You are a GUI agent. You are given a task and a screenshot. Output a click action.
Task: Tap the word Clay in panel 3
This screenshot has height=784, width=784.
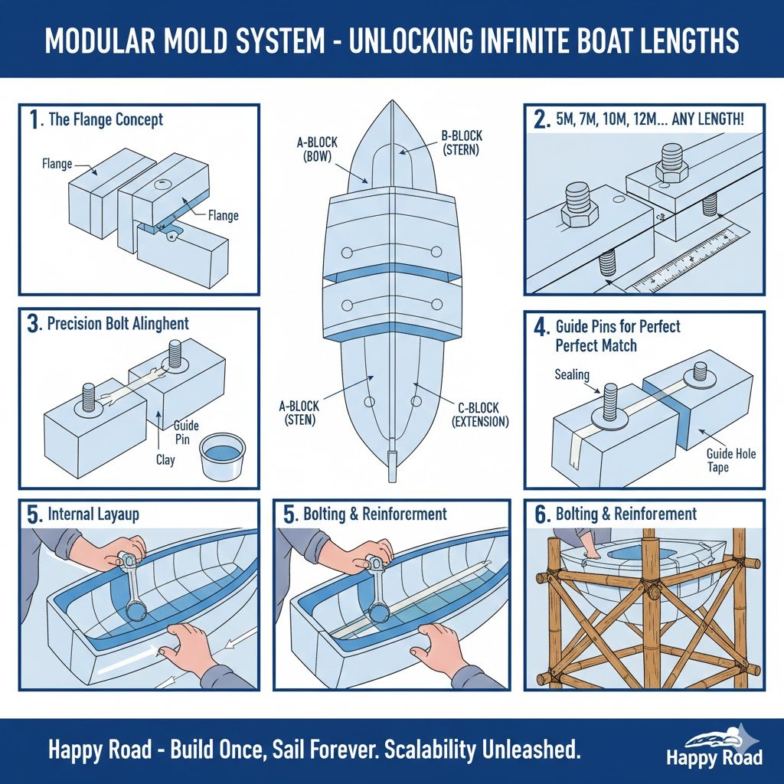tap(165, 459)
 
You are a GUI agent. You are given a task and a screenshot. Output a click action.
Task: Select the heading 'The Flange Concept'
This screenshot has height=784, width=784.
tap(105, 119)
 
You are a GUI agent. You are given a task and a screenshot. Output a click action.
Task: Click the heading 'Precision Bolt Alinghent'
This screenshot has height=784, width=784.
tap(118, 323)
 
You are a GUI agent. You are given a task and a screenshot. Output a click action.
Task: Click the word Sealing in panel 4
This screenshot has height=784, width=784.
tap(571, 374)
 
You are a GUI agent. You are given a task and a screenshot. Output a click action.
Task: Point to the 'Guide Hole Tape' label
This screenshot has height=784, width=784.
tap(730, 461)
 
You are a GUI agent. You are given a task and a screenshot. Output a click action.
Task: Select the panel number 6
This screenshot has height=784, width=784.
tap(542, 514)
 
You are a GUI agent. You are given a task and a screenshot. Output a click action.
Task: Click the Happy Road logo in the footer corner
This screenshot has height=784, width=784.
tap(714, 748)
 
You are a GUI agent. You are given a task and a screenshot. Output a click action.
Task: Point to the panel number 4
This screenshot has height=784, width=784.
tap(542, 328)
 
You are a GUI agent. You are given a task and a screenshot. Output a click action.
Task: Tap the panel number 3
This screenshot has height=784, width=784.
tap(33, 323)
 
